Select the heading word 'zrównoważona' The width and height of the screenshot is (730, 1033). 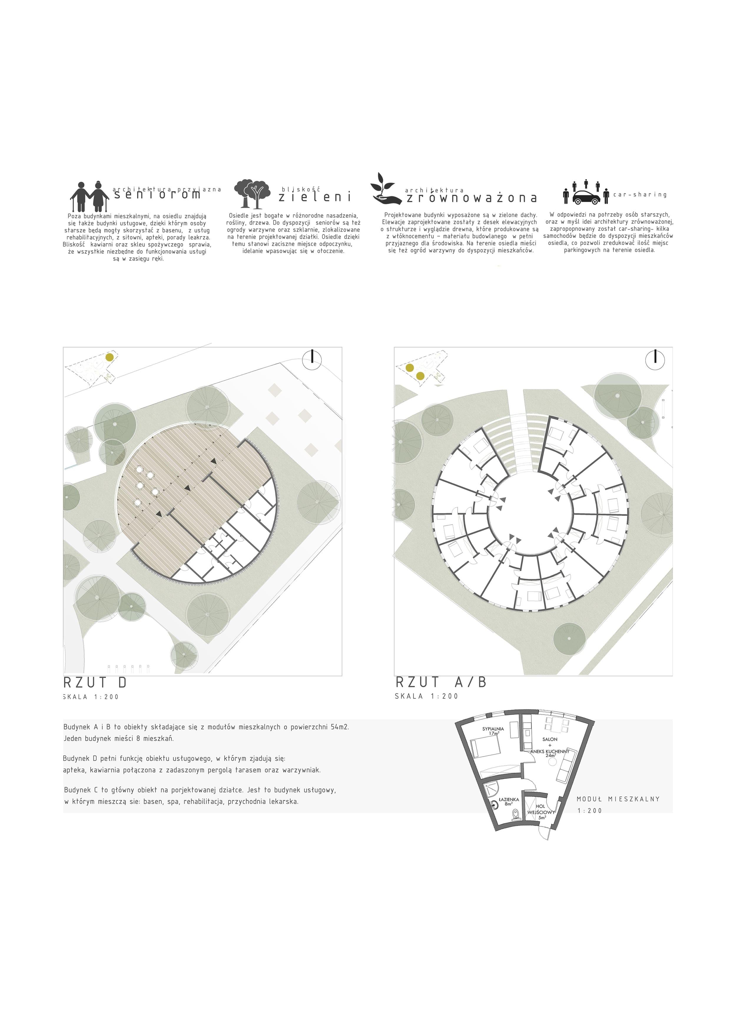click(x=471, y=198)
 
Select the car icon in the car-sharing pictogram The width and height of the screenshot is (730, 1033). click(x=587, y=197)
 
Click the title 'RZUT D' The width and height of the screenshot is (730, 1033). click(x=95, y=683)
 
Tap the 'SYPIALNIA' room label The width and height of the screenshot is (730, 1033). click(x=493, y=729)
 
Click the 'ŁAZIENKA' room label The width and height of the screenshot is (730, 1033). click(x=509, y=799)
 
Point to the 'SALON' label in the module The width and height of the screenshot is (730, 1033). click(x=550, y=739)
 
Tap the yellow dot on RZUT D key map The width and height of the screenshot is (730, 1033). click(x=109, y=357)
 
